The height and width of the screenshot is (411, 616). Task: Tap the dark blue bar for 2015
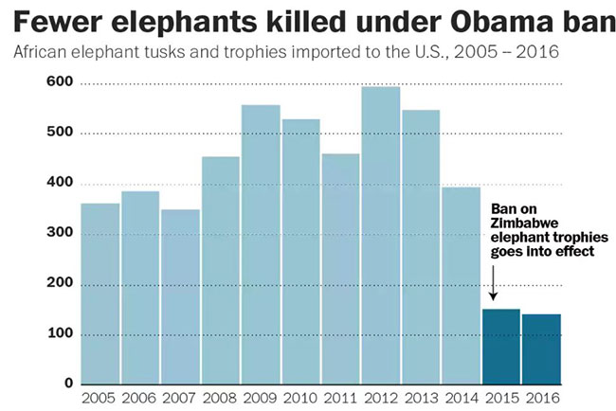tap(501, 346)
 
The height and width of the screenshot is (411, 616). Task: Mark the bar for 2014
tap(462, 285)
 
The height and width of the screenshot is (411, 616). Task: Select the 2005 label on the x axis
tap(100, 398)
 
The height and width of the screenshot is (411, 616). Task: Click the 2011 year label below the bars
tap(340, 398)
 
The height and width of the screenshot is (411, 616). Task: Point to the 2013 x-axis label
tap(421, 398)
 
